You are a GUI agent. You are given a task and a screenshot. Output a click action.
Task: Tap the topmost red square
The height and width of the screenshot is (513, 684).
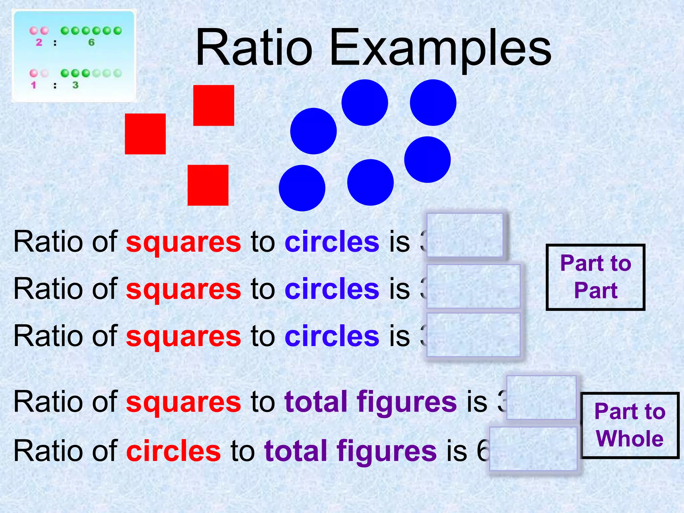(x=213, y=106)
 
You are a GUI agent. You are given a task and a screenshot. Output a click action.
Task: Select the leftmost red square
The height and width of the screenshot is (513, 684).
(x=145, y=134)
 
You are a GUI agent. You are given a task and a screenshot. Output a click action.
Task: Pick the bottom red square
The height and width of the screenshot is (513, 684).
(x=208, y=185)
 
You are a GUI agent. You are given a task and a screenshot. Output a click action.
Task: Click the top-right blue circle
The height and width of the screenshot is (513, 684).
(x=433, y=103)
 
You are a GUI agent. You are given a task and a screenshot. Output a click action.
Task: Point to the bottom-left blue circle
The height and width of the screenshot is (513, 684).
(x=302, y=188)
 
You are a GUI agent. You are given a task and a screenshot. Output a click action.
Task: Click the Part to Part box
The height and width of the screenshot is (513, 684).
(x=595, y=277)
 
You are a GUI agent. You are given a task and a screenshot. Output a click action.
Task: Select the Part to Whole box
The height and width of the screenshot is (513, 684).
(x=630, y=425)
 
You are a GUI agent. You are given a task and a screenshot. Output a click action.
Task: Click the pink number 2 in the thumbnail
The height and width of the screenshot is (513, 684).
(x=39, y=42)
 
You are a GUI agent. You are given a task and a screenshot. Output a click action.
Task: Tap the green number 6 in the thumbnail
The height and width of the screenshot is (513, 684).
(x=91, y=42)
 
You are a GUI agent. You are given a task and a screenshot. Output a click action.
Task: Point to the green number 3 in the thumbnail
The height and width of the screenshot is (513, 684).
(x=75, y=85)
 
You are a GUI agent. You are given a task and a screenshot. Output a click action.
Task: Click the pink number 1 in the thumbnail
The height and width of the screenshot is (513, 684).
(x=33, y=85)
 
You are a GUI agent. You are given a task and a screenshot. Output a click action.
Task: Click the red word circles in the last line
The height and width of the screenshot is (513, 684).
(x=173, y=451)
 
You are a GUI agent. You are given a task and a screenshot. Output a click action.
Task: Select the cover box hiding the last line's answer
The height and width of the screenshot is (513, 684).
(x=533, y=449)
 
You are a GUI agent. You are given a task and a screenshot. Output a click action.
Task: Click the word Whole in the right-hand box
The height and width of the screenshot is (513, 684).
(x=630, y=438)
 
